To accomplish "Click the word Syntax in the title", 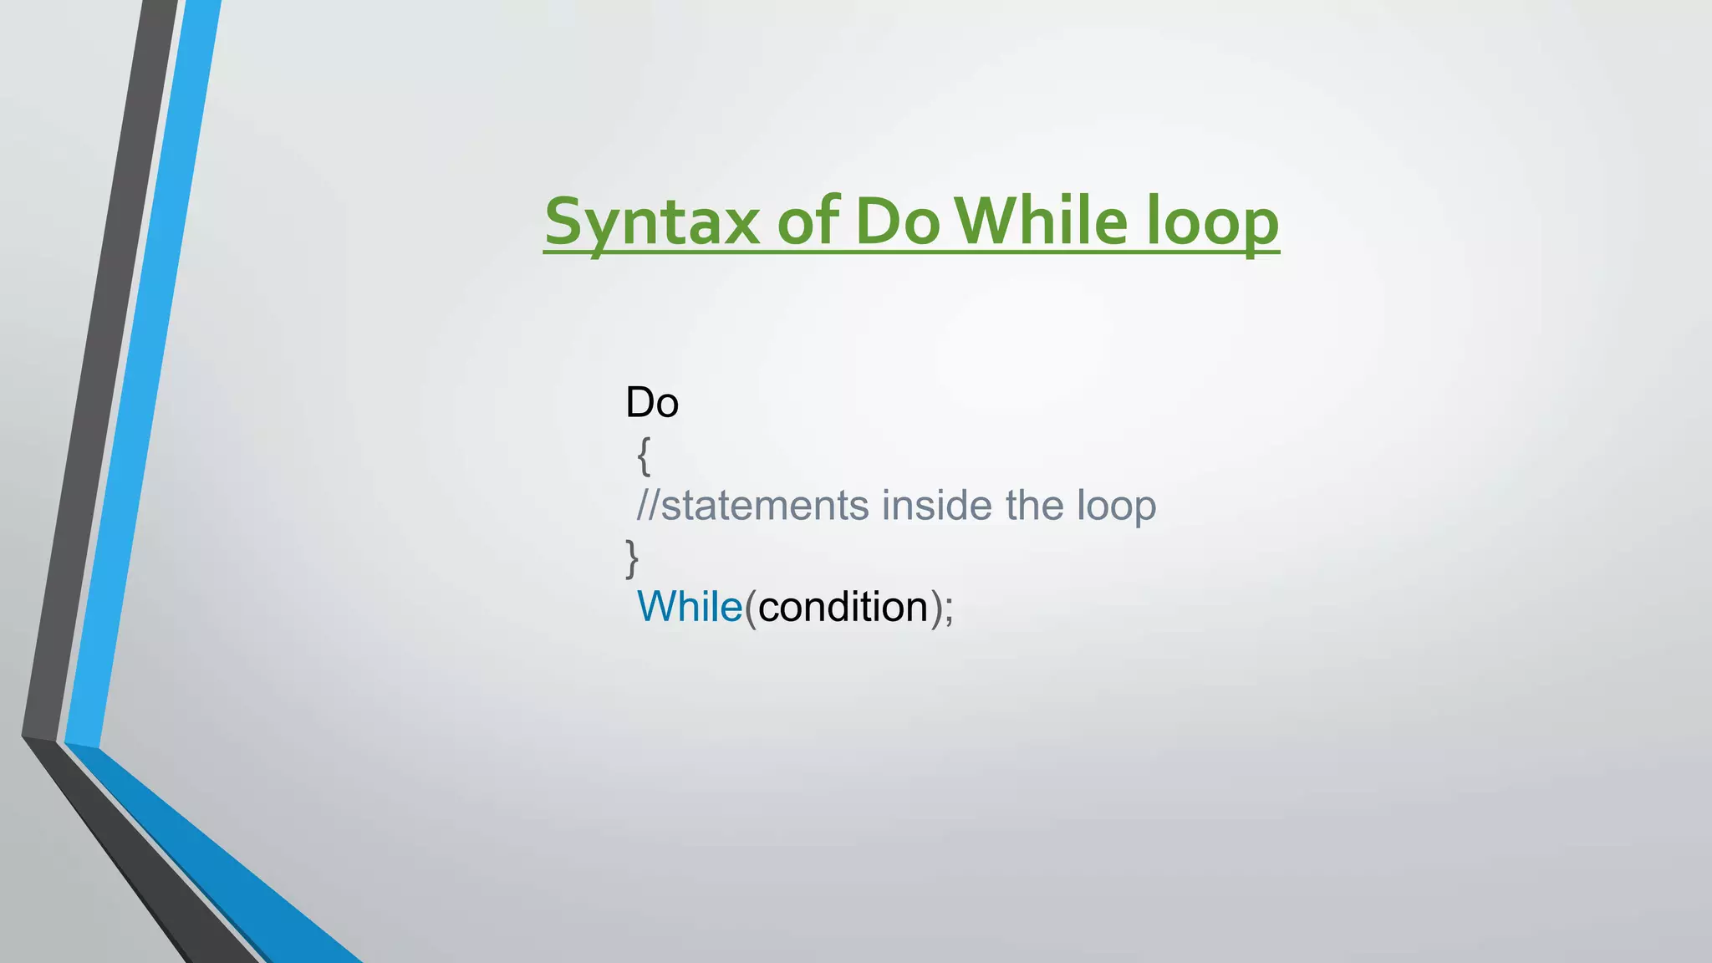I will coord(652,222).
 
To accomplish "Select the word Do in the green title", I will coord(897,222).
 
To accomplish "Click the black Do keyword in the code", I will coord(652,403).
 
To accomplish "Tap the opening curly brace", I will coord(644,456).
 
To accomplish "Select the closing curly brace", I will coord(632,558).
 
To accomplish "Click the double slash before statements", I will coord(649,506).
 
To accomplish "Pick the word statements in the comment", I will coord(765,506).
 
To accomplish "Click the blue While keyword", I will coord(690,607).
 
